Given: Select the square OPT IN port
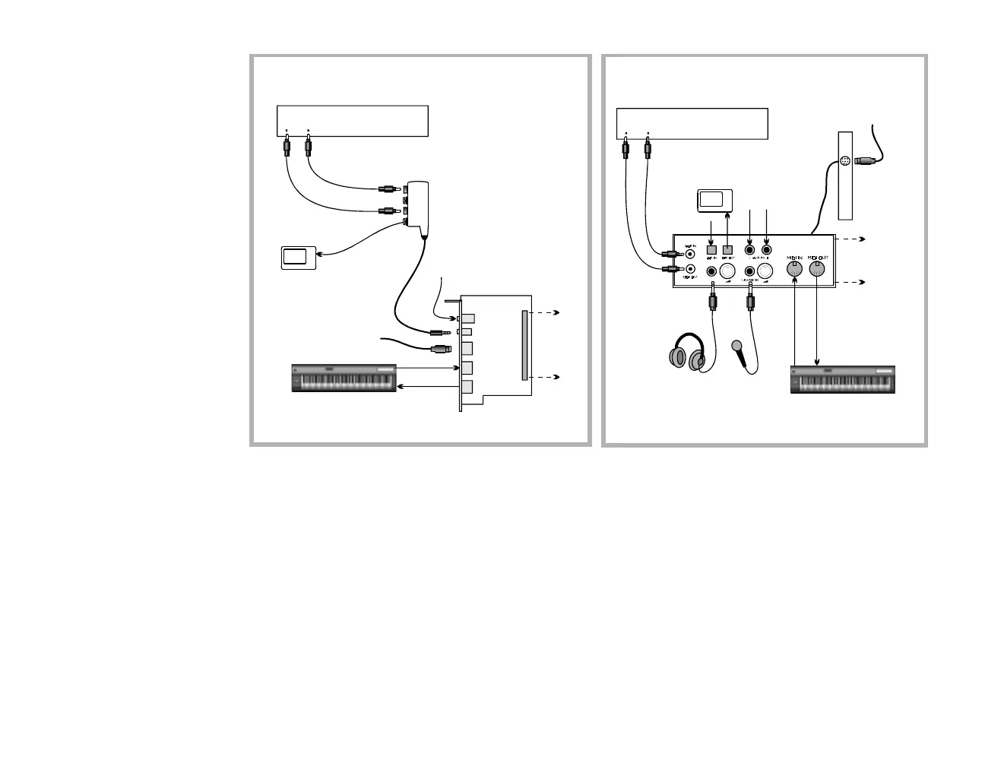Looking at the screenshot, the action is click(712, 249).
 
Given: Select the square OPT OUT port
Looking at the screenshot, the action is click(727, 249).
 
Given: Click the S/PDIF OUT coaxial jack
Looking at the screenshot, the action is click(689, 269).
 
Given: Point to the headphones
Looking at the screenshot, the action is click(688, 353).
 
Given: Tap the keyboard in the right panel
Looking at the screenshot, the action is click(843, 379).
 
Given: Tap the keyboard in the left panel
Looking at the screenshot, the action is click(344, 378).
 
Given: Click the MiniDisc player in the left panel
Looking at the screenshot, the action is click(298, 257).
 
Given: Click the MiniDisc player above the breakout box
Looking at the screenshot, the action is click(714, 201).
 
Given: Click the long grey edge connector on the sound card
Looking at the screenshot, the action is click(524, 345).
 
